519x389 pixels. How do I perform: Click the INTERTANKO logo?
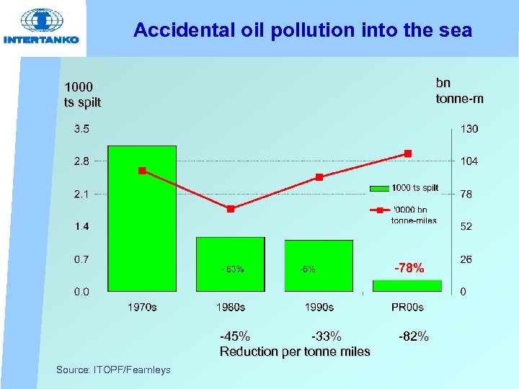pos(42,27)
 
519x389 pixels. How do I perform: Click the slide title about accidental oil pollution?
pos(303,30)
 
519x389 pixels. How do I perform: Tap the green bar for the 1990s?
pos(319,265)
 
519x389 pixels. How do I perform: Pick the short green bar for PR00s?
pos(407,285)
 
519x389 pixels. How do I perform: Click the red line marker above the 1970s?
pos(142,171)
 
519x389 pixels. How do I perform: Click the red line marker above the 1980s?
pos(231,209)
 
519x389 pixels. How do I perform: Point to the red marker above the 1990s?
pos(319,177)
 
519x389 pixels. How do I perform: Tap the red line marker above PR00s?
pos(408,153)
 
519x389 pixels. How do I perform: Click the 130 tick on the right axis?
pos(469,130)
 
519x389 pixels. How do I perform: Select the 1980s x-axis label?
pos(231,308)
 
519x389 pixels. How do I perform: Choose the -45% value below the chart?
pos(235,336)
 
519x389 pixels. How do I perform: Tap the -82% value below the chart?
pos(413,336)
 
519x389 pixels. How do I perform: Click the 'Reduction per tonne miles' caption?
pos(295,352)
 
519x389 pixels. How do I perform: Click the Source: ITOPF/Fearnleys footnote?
pos(113,370)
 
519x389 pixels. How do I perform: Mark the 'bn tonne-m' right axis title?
pos(459,91)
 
